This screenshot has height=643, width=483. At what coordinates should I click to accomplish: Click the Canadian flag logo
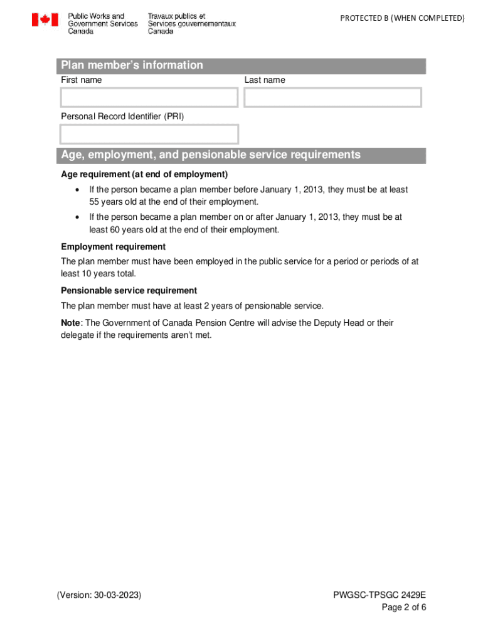click(45, 21)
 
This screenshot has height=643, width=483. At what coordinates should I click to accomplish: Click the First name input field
click(149, 98)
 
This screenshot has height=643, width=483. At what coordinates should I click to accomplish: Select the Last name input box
click(332, 98)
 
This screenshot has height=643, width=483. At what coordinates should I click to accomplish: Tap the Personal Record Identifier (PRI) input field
click(149, 134)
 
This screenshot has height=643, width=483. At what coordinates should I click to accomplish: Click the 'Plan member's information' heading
click(132, 65)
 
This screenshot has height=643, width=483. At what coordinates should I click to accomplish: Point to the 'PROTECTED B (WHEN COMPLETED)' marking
click(402, 18)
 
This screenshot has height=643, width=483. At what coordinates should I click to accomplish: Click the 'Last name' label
click(265, 80)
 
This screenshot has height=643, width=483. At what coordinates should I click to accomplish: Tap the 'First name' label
click(81, 80)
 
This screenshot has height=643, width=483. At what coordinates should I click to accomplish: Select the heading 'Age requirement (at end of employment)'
click(144, 175)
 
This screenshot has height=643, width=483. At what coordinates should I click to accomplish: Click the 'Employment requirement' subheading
click(113, 247)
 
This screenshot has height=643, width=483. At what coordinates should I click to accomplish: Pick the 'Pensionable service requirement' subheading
click(129, 291)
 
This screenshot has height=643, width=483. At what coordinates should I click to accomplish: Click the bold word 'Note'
click(70, 323)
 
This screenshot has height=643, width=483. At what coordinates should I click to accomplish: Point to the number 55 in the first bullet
click(95, 202)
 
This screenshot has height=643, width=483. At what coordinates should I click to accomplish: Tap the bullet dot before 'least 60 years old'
click(77, 217)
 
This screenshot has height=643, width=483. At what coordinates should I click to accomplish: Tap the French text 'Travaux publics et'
click(176, 16)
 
